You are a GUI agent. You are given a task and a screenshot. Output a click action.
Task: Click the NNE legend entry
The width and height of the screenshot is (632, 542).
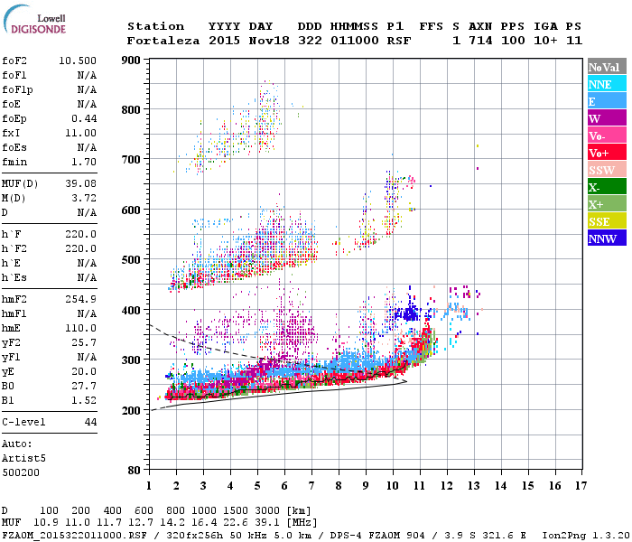pos(606,84)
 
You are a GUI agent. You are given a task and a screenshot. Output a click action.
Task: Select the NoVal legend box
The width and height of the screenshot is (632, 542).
pos(606,67)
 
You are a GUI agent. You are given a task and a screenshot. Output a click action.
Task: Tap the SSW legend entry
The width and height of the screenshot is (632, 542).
pos(606,170)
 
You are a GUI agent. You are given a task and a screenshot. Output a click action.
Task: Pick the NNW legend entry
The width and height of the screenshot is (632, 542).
pos(606,238)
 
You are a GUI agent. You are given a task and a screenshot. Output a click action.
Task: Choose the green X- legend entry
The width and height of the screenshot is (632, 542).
pos(606,187)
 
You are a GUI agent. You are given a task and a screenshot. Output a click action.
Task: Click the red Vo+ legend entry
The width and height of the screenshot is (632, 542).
pos(606,153)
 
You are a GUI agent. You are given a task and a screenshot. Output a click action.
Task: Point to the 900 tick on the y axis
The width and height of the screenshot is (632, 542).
pos(133,61)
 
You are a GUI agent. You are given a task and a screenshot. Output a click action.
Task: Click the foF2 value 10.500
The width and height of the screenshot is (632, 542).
pos(78,60)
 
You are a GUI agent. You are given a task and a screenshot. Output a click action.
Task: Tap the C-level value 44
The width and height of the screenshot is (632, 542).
pos(89,422)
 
